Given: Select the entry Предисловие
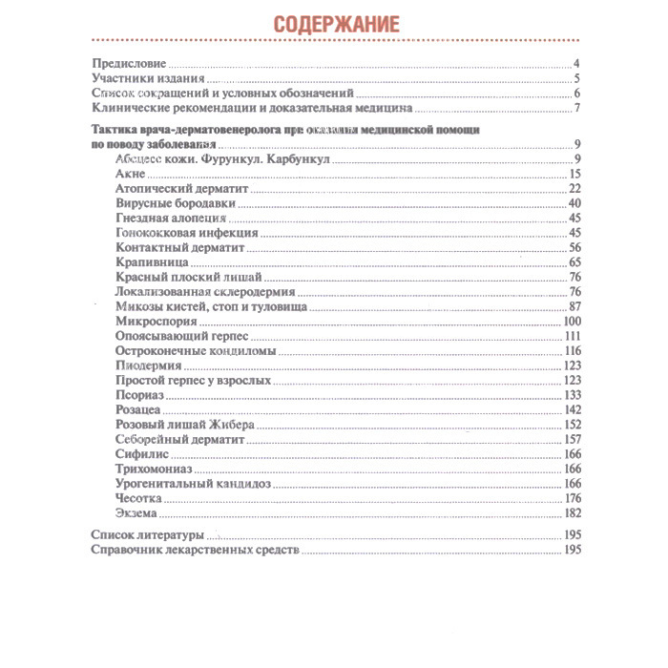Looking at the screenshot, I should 128,65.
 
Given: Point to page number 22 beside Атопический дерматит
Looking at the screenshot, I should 574,189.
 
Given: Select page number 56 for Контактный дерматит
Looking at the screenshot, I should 574,247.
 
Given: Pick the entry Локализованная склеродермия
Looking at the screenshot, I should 203,291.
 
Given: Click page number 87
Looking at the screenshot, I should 574,306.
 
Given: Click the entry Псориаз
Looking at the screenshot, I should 139,394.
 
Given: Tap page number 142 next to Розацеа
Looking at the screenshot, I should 573,409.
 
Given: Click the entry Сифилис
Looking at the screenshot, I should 140,453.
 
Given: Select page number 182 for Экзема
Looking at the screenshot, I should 573,512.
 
